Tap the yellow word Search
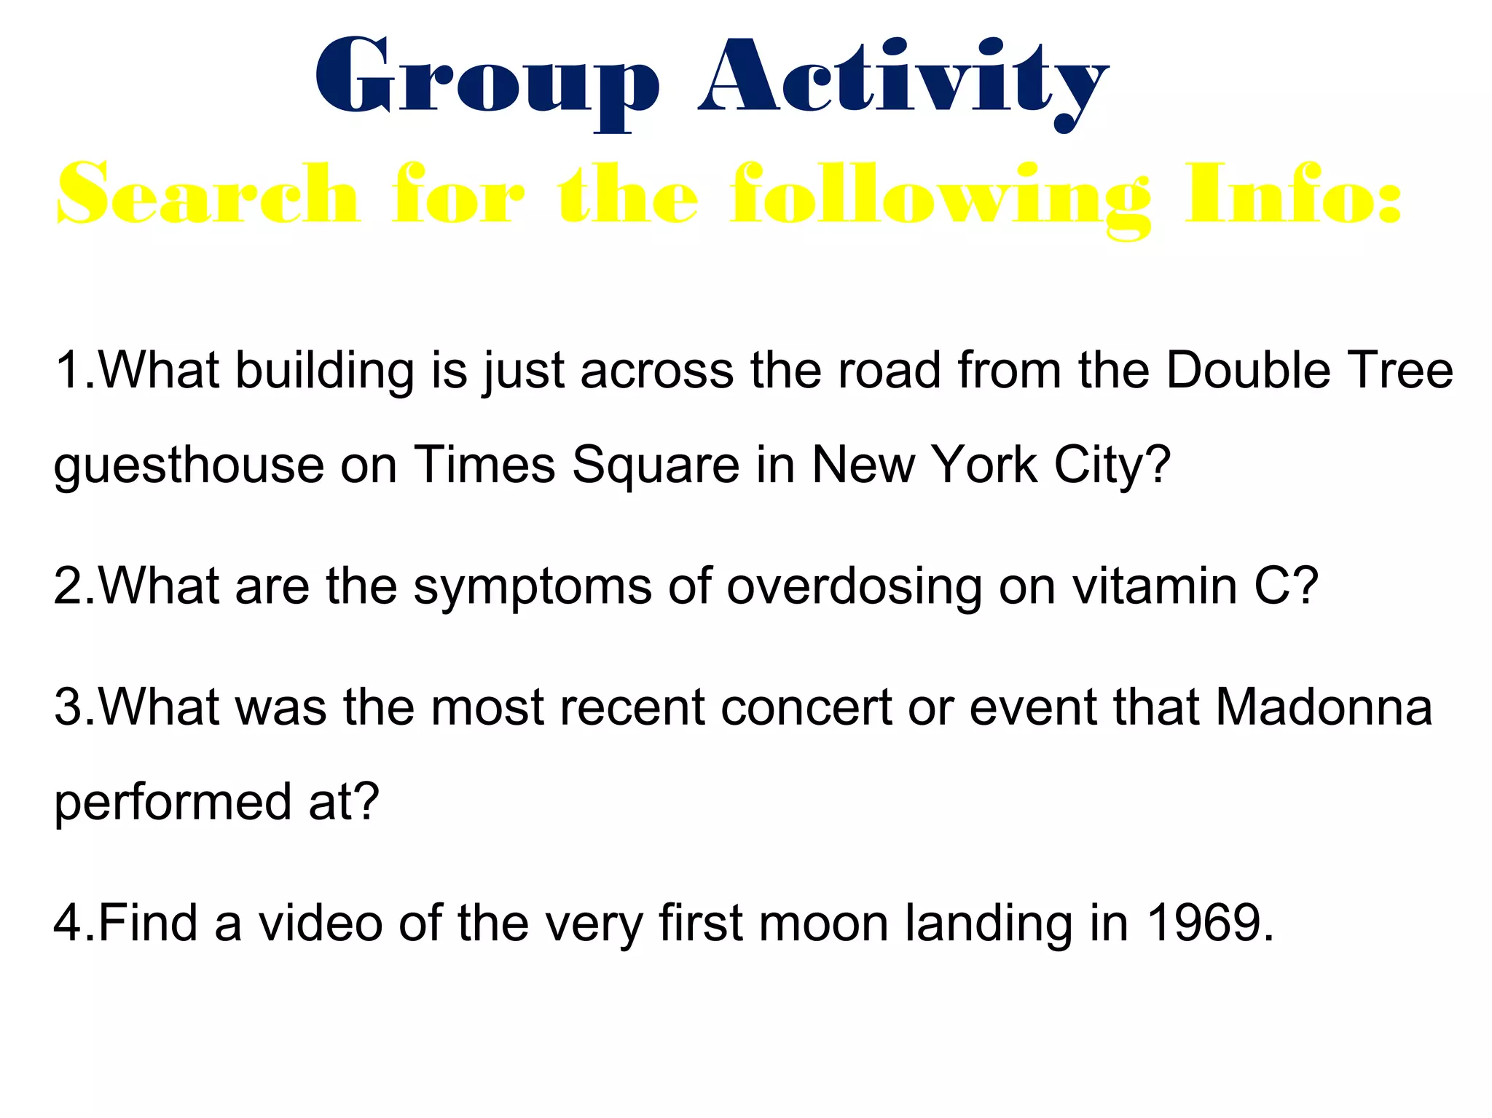(208, 195)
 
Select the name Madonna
(1324, 707)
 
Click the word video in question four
(321, 923)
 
